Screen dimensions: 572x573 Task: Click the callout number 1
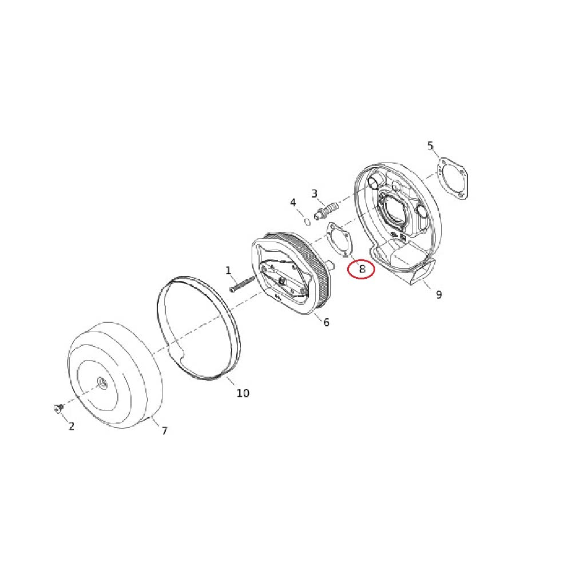228,271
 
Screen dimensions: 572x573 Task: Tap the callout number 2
71,426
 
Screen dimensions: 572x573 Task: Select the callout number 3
314,193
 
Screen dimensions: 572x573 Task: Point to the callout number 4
293,203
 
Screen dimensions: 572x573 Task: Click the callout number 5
430,145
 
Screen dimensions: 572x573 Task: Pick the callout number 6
326,322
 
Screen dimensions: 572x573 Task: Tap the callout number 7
164,431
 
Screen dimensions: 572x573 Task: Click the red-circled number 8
362,269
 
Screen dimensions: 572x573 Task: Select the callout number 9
439,294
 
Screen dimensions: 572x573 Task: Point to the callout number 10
243,393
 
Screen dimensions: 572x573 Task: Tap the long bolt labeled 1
242,283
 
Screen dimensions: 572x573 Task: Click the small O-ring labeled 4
308,222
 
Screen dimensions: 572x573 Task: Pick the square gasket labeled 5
452,179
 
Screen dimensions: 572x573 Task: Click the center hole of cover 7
102,382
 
